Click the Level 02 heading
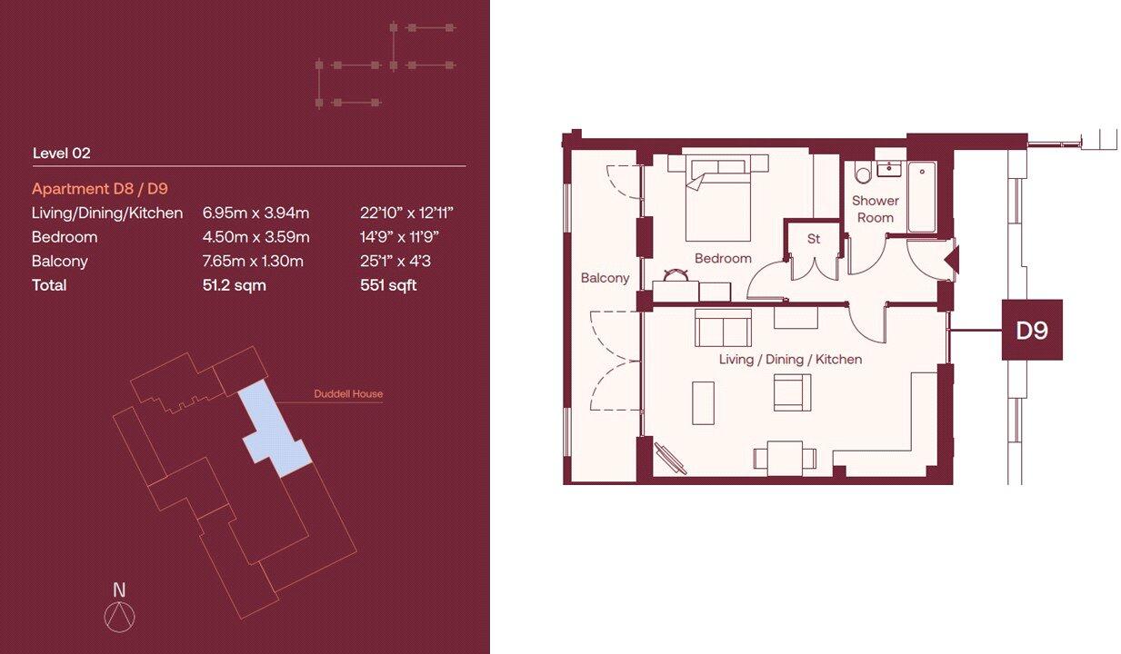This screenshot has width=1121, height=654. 61,154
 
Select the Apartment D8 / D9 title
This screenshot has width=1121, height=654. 99,189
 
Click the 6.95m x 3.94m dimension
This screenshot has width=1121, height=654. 255,213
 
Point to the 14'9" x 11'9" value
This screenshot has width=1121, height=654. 402,237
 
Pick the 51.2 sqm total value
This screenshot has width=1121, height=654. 234,285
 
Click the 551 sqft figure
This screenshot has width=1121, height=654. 388,285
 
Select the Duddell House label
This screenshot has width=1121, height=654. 348,394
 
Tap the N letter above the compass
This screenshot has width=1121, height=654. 119,590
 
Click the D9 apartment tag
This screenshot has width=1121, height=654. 1032,330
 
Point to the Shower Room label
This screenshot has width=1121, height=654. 875,209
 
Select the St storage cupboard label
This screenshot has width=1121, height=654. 814,239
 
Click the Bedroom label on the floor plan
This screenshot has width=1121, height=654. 723,258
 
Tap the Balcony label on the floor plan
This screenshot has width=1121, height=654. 605,278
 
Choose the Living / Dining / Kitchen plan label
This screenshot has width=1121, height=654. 790,360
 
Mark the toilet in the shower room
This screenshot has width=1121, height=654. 863,173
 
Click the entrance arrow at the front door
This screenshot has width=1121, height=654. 951,262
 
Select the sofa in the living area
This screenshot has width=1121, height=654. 723,328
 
